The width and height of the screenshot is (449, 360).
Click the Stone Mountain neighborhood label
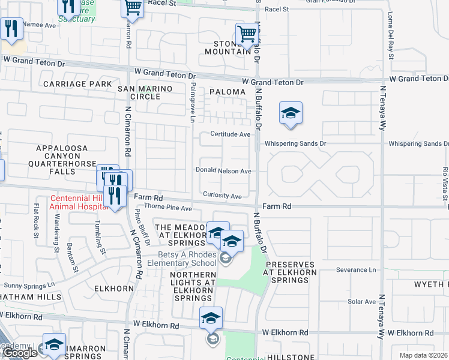point(232,47)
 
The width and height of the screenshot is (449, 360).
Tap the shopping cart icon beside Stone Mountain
point(247,35)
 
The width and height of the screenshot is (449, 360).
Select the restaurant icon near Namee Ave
point(11,28)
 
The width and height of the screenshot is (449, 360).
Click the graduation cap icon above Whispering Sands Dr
point(291,113)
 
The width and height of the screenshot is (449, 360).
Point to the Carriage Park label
point(77,84)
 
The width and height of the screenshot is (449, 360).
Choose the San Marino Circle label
point(145,92)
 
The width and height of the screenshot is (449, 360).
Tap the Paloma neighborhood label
point(228,92)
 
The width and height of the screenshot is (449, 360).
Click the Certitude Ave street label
point(230,134)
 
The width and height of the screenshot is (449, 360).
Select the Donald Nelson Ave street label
point(223,171)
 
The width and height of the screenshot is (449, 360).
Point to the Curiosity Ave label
point(222,196)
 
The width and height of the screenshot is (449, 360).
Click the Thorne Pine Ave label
point(168,209)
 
